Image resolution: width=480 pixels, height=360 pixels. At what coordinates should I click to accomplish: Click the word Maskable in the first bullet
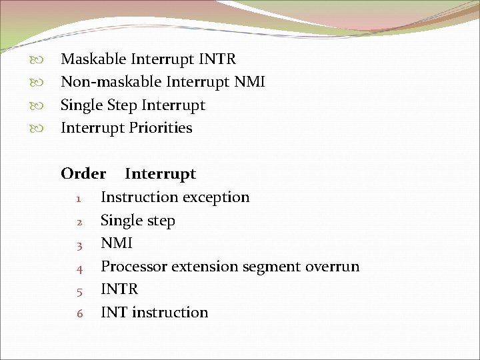93,59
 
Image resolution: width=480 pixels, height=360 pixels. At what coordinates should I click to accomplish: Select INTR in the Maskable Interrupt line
217,59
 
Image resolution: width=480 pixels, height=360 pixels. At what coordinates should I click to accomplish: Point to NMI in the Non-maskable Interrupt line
249,82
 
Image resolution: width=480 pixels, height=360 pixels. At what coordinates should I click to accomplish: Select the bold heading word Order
83,174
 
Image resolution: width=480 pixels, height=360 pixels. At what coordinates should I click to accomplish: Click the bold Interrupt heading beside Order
160,174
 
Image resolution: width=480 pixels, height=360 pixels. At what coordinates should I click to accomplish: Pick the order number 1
79,199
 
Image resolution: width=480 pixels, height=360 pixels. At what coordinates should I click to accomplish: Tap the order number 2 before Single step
79,221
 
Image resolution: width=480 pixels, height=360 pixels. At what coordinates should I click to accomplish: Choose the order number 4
79,268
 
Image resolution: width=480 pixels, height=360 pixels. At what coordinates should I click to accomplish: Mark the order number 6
79,313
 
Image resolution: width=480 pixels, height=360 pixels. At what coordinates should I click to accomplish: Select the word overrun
332,267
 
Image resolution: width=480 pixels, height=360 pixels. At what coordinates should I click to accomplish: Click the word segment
271,267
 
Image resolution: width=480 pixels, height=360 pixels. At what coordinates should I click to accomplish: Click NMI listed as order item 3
116,243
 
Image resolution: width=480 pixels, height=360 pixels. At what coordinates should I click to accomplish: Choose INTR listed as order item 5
119,289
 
